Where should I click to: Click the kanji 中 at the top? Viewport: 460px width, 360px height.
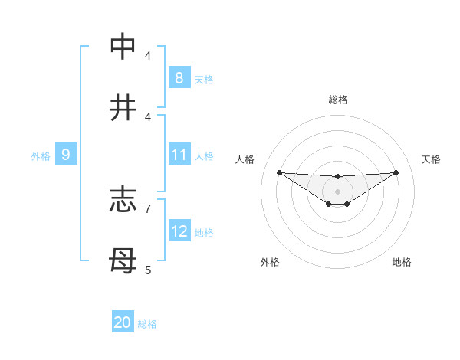[123, 47]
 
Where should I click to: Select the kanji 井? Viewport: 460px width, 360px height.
[123, 108]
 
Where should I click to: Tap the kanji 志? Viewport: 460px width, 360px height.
[123, 201]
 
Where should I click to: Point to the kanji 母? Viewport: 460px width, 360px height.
[123, 261]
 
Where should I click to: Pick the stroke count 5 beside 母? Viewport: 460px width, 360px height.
[147, 270]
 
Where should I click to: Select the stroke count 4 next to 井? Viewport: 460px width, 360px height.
[147, 116]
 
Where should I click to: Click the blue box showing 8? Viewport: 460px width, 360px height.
[179, 78]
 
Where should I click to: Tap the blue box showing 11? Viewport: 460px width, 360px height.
[179, 155]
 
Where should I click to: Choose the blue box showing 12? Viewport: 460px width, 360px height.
[179, 231]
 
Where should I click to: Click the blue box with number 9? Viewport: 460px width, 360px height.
[66, 155]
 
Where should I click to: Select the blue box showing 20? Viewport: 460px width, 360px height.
[123, 323]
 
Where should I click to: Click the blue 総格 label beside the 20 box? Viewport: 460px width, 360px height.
[147, 324]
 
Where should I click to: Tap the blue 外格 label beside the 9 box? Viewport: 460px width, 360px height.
[41, 155]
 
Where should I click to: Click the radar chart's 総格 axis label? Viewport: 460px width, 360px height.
[337, 100]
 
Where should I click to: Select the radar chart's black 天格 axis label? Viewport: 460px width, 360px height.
[431, 159]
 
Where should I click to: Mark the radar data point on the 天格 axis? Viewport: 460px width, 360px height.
[396, 172]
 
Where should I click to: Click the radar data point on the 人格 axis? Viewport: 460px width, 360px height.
[279, 172]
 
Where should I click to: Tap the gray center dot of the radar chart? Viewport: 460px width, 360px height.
[337, 191]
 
